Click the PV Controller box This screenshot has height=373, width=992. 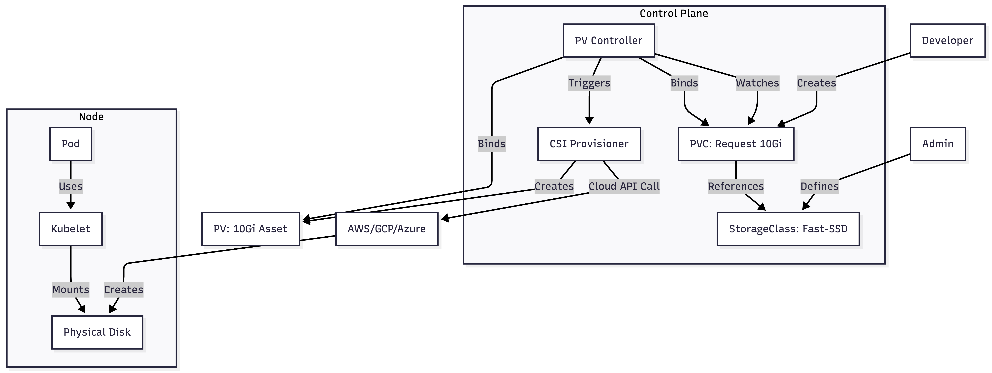tap(608, 40)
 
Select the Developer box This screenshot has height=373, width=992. tap(947, 40)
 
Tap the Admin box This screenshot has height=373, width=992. tap(938, 144)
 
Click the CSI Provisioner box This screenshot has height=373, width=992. tap(589, 144)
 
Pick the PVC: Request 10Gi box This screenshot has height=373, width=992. tap(736, 144)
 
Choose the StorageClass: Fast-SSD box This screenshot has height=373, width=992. tap(788, 229)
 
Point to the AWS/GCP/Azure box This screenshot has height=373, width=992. tap(387, 229)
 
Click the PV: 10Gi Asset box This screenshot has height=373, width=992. tap(250, 229)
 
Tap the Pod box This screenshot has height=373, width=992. tap(70, 144)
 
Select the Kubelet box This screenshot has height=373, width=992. tap(70, 229)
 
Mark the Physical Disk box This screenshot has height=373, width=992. tap(97, 332)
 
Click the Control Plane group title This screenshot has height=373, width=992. tap(674, 13)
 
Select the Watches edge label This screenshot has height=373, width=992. tap(757, 83)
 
